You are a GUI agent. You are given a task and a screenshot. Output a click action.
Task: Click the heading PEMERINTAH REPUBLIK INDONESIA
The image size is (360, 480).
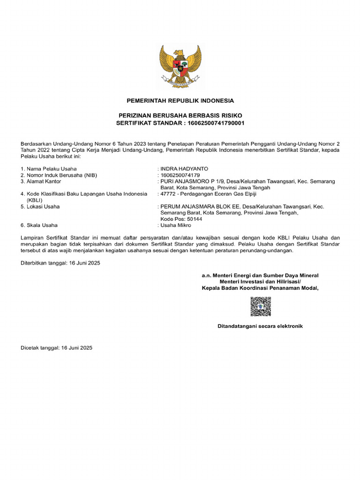(180, 101)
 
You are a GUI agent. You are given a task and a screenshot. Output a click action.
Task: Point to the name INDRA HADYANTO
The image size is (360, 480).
(184, 169)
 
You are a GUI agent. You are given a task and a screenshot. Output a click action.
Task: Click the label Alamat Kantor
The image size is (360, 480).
(44, 181)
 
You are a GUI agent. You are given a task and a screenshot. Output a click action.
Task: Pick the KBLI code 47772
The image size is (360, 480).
(168, 194)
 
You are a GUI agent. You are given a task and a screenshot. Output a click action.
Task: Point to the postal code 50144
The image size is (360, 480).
(194, 219)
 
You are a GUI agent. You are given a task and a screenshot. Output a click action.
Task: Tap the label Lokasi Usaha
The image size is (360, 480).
(43, 207)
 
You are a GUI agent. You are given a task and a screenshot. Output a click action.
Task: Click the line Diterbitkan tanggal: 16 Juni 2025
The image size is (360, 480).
(60, 263)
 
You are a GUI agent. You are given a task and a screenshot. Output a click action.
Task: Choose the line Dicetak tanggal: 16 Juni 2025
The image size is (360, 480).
(56, 348)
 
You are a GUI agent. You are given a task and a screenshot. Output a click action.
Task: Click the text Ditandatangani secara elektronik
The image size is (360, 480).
(260, 326)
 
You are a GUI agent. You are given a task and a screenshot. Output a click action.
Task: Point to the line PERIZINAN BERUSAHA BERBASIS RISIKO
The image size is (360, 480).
(180, 115)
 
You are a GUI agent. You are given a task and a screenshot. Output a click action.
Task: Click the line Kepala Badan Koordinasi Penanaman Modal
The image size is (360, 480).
(260, 288)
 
